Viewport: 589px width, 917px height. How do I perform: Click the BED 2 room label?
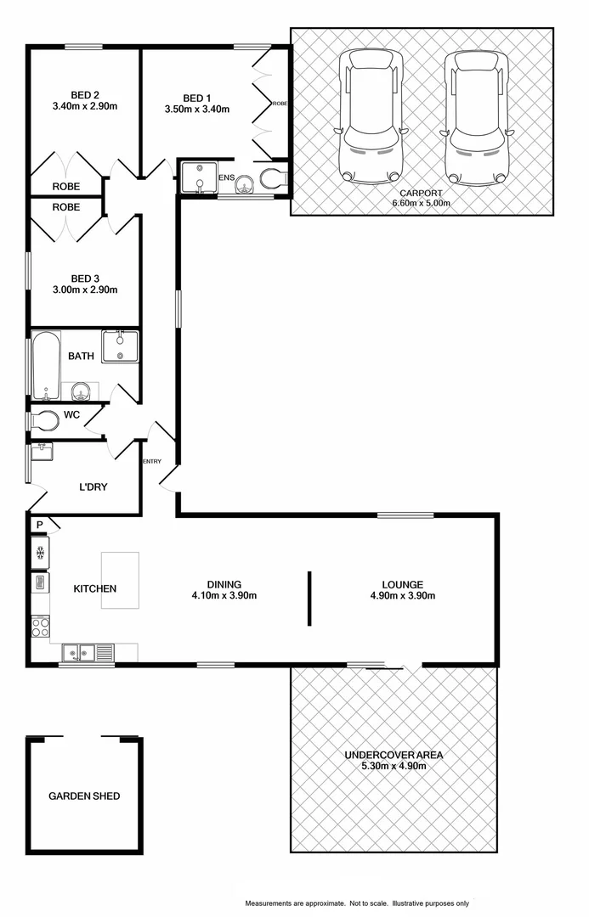pyautogui.click(x=84, y=94)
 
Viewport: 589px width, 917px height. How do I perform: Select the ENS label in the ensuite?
pyautogui.click(x=226, y=177)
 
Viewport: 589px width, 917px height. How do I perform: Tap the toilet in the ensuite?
pyautogui.click(x=274, y=178)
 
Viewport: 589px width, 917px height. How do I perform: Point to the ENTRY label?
pyautogui.click(x=152, y=461)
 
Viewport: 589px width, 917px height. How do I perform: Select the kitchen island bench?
pyautogui.click(x=120, y=580)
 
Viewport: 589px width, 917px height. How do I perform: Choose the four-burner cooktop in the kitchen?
pyautogui.click(x=40, y=627)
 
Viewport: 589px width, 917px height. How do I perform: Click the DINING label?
pyautogui.click(x=224, y=584)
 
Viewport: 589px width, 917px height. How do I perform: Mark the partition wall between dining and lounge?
pyautogui.click(x=309, y=599)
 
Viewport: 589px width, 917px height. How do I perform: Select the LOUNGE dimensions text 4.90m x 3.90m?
pyautogui.click(x=402, y=596)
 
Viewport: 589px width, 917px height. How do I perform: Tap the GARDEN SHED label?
pyautogui.click(x=84, y=796)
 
